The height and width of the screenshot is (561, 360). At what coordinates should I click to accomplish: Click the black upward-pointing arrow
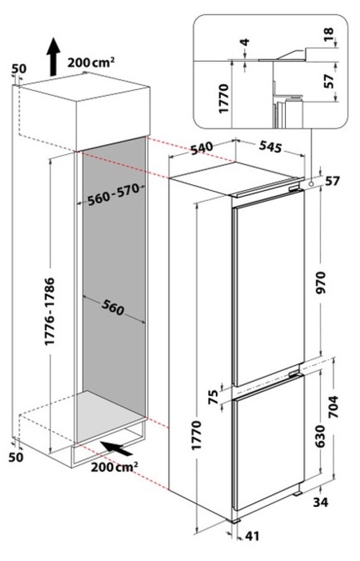point(53,56)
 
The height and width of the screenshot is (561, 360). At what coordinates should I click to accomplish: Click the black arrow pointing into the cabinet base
point(117,449)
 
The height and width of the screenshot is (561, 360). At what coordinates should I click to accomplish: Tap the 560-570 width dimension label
point(114,195)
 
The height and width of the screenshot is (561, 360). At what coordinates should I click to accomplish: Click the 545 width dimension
point(271,146)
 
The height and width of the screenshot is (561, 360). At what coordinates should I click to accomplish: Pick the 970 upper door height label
point(321,282)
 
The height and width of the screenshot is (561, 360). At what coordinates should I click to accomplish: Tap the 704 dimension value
point(333,407)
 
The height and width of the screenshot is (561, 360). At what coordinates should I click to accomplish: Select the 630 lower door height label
point(320,436)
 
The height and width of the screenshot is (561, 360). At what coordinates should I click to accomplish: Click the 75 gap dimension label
point(214,397)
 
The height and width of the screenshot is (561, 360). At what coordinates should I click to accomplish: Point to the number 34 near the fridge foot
point(320,503)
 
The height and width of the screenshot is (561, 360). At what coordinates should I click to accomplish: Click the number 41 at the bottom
point(252,536)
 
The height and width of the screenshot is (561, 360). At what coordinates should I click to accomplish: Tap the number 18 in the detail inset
point(328,35)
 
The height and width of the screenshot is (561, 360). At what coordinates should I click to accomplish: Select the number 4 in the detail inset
point(245,42)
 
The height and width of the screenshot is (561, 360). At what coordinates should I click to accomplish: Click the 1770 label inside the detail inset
point(224,99)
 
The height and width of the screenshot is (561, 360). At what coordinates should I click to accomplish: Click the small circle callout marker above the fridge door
point(311,183)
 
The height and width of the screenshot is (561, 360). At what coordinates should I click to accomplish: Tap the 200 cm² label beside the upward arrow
point(91,63)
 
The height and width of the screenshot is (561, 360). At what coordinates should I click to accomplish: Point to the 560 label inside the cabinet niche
point(113,308)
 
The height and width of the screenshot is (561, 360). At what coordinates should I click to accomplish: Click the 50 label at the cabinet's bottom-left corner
point(16,457)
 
